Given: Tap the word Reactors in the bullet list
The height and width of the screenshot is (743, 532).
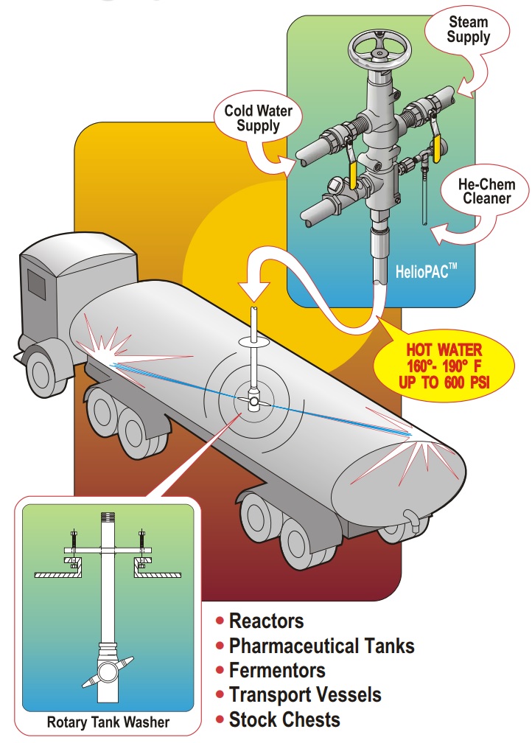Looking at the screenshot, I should coord(266,621).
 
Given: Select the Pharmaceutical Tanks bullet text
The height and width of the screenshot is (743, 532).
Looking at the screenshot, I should coord(321,646).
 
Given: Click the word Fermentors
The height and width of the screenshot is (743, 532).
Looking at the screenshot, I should coord(277,671).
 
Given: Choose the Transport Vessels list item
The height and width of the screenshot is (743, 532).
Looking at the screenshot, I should coord(305,694).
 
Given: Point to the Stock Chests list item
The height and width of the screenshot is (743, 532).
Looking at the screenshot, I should coord(284,719).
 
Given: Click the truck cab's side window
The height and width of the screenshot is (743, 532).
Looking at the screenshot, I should coord(35,282).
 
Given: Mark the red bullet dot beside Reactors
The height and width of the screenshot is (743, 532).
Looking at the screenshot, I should coord(220,621).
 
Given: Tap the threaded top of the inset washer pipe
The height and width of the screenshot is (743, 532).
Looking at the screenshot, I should coord(108,517).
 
